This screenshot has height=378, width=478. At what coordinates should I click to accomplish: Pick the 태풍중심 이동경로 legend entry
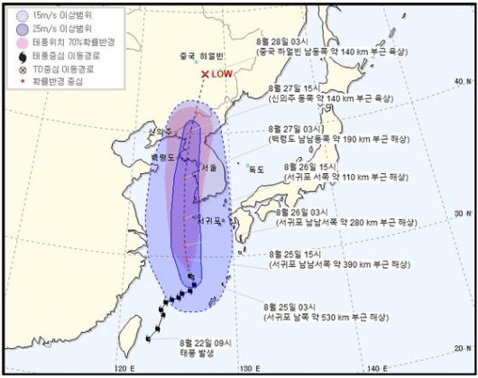[49, 55]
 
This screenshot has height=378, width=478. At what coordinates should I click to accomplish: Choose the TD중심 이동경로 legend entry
[49, 68]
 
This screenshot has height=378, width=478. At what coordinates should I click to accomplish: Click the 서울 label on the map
[210, 168]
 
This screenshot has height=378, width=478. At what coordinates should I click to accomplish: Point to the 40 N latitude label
[461, 80]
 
